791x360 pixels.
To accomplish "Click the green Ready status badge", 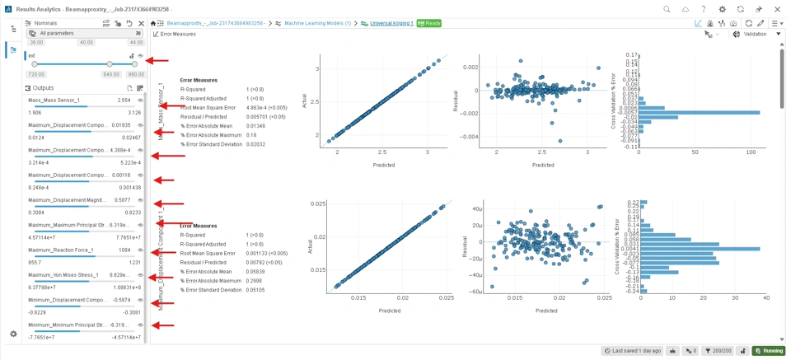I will (x=428, y=23).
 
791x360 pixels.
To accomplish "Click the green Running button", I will (x=769, y=351).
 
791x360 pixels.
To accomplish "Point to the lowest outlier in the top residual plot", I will (x=560, y=141).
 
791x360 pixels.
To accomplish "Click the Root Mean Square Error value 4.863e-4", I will (x=255, y=108).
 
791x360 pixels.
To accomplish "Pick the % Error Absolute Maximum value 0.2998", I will (x=255, y=280).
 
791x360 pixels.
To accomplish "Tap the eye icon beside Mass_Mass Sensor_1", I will (x=141, y=101).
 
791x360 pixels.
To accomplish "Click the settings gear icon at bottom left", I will (x=13, y=334).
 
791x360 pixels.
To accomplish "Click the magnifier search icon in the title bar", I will (x=667, y=8).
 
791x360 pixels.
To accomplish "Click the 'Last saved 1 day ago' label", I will (x=632, y=351).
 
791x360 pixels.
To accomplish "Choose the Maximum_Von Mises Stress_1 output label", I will (x=63, y=275).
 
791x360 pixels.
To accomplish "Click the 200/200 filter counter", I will (x=718, y=351).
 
